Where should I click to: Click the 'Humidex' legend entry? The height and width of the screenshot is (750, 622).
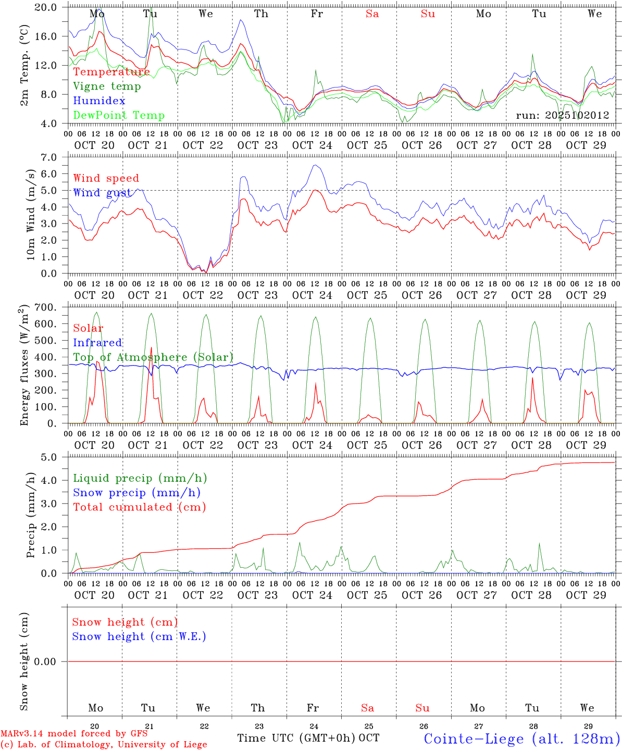99,101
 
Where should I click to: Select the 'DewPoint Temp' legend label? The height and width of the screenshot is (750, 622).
119,116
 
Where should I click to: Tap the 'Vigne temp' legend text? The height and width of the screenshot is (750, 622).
107,86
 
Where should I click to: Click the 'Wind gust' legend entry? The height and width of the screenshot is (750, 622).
102,193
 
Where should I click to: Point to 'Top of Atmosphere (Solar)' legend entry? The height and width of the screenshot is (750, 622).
153,357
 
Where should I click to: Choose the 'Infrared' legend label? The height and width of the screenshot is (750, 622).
97,343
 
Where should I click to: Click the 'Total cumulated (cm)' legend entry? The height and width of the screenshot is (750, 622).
139,507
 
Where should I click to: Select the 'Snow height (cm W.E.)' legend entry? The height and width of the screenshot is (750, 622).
139,636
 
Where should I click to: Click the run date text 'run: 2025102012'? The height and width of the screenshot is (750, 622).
563,116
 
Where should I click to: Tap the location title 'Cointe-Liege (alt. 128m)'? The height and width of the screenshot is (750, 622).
521,739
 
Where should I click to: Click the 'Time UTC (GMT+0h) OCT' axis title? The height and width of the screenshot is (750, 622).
308,738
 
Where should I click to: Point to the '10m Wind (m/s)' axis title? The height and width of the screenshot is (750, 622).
31,215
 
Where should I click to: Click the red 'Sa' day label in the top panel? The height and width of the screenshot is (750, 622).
372,14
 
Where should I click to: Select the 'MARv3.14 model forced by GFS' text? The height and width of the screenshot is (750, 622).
74,734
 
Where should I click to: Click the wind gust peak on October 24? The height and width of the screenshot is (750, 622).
315,166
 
